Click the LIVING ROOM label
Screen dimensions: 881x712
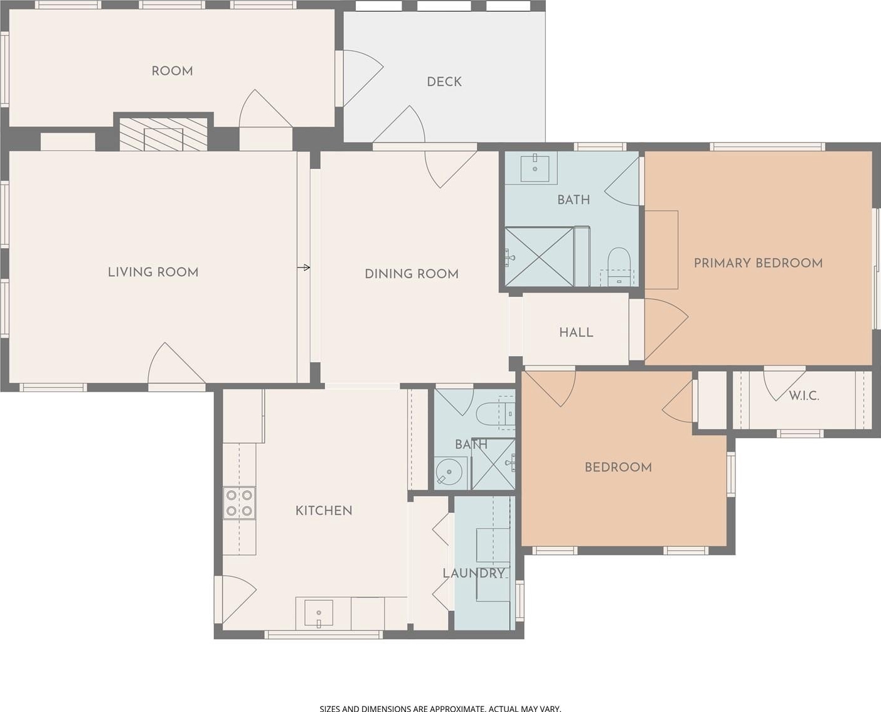click(153, 272)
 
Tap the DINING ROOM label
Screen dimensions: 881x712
click(412, 274)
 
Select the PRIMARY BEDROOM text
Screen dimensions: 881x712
click(758, 263)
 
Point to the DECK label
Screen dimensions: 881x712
click(444, 82)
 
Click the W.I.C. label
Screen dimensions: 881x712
click(804, 396)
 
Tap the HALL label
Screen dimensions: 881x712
click(576, 332)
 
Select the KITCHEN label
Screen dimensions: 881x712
click(324, 510)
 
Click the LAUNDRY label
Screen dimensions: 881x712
click(474, 573)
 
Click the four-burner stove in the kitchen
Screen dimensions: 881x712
click(240, 503)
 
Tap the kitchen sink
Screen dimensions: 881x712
click(319, 613)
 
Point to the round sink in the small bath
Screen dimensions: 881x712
click(449, 472)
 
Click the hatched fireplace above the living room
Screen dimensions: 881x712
click(163, 134)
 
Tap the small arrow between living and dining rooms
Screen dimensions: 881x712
click(304, 267)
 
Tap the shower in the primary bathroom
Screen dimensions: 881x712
click(540, 257)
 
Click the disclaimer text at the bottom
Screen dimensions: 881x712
click(440, 708)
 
